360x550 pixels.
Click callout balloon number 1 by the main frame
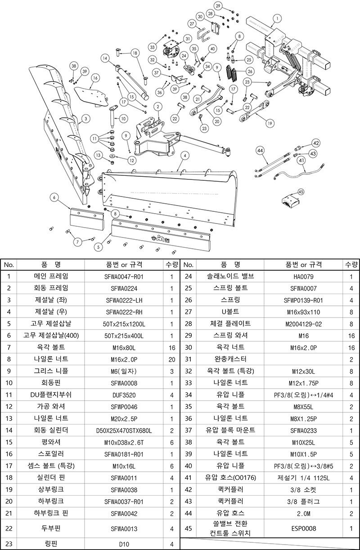click(277, 18)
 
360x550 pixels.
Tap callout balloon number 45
click(301, 192)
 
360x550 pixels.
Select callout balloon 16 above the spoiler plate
click(95, 78)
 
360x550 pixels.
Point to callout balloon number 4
click(185, 156)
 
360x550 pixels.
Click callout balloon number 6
click(54, 197)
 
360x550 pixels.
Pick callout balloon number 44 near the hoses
click(260, 150)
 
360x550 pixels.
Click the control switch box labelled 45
click(290, 201)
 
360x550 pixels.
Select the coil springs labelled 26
click(231, 72)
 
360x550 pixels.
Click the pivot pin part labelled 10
click(112, 116)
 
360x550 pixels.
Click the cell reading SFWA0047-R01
click(124, 277)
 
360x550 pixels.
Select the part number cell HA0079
click(303, 277)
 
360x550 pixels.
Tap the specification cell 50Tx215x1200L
click(124, 324)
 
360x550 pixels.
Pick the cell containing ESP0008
click(303, 528)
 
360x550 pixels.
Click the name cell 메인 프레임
click(51, 277)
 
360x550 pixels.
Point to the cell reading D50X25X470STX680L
click(124, 431)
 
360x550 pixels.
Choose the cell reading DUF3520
click(124, 395)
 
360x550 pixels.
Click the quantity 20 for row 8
click(172, 359)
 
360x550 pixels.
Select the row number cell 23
click(9, 544)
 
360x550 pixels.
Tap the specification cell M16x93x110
click(303, 312)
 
